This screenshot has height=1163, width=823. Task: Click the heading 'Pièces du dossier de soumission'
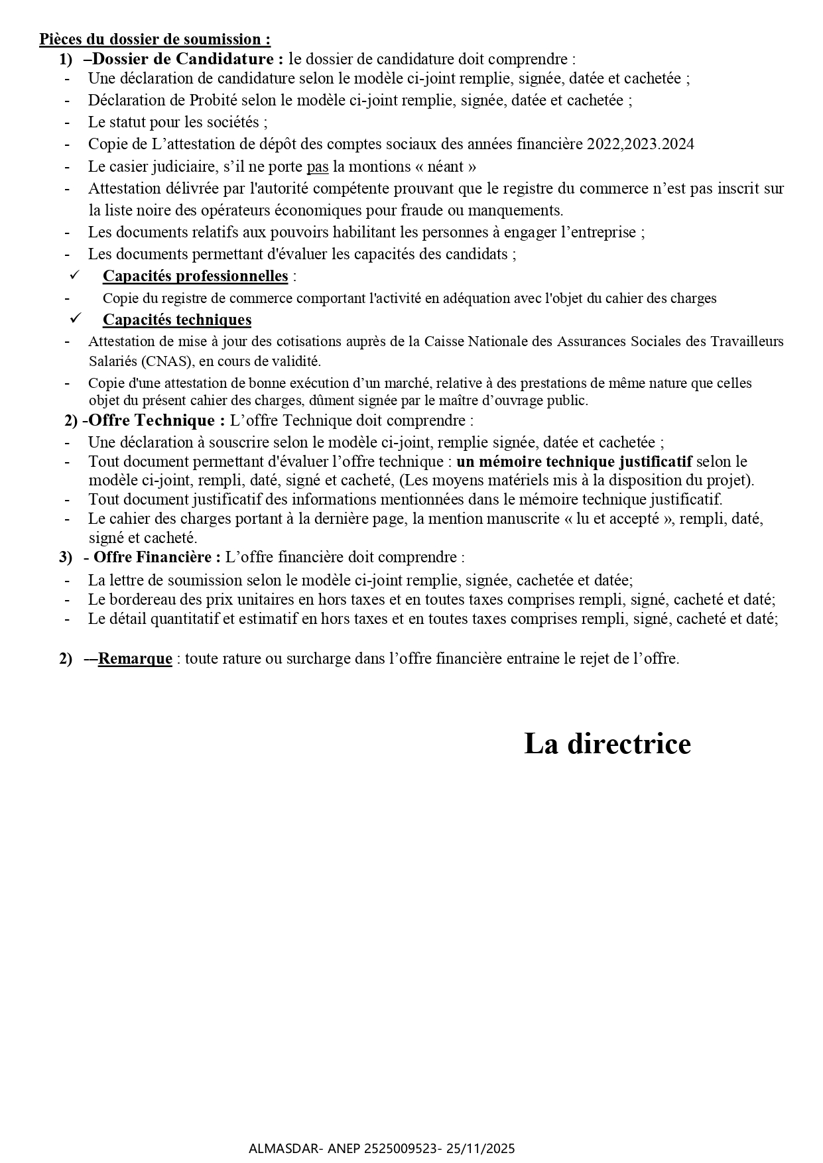(x=155, y=40)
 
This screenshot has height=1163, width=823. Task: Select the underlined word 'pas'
(x=318, y=166)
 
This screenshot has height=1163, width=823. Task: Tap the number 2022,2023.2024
(x=640, y=144)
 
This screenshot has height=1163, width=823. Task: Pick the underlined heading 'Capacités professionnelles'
(x=195, y=276)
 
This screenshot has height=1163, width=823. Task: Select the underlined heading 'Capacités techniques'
(x=177, y=320)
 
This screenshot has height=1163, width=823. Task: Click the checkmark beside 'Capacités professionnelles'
(x=75, y=275)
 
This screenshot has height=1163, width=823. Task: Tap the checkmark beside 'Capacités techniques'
(x=75, y=318)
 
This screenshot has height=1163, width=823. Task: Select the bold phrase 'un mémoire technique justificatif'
(x=574, y=461)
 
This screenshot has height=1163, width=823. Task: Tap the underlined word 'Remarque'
(x=135, y=659)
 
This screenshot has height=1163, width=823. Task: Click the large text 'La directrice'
(x=607, y=743)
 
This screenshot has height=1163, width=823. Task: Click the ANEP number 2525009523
(x=402, y=1148)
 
